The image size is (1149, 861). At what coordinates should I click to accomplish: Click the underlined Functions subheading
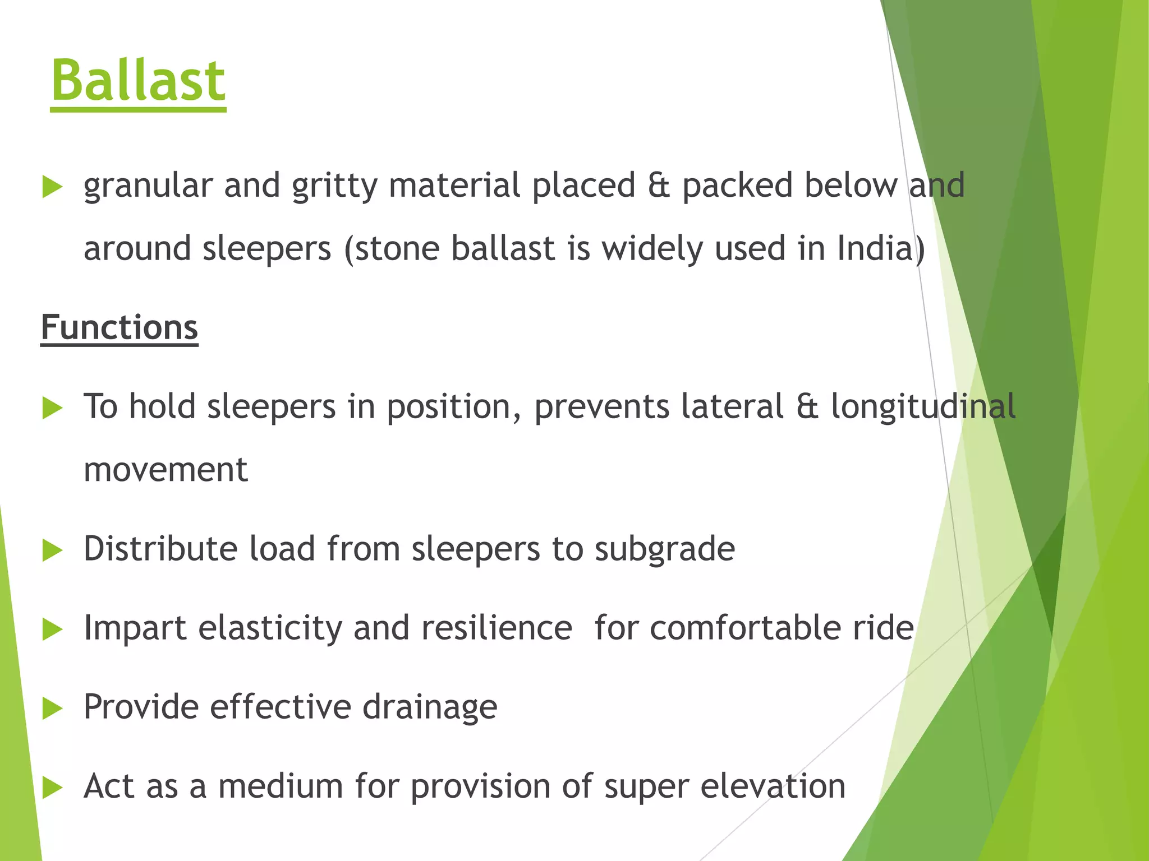click(120, 327)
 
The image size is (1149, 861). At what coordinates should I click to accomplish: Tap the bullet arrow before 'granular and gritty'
click(52, 187)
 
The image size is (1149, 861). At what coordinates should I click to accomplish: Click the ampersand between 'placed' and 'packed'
click(659, 186)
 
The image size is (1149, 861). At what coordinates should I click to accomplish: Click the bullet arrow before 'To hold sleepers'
click(52, 408)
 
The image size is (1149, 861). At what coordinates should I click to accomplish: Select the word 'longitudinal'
click(923, 406)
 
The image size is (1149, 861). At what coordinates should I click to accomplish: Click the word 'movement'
click(166, 470)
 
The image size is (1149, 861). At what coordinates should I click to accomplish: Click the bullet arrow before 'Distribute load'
click(52, 550)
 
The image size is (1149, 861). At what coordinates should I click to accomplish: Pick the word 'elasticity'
click(270, 628)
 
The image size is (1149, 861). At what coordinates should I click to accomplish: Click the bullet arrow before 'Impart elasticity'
click(52, 629)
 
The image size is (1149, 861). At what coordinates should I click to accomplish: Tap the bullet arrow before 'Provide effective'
click(52, 709)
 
